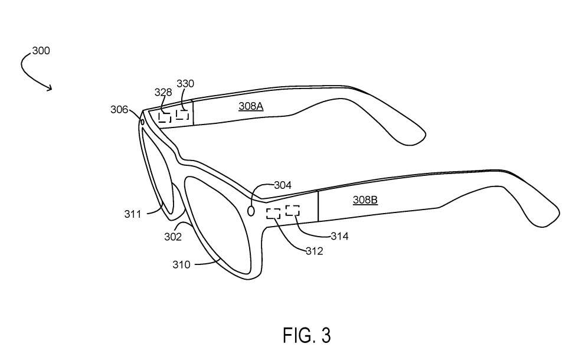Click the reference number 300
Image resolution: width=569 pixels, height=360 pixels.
(x=41, y=50)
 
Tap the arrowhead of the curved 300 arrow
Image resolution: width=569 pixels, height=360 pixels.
(x=50, y=87)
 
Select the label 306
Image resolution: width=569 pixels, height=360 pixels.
(x=119, y=109)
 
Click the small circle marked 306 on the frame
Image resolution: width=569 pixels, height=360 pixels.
(x=142, y=122)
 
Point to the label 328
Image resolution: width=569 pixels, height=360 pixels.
(x=163, y=92)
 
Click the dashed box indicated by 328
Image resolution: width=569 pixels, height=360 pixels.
(x=165, y=117)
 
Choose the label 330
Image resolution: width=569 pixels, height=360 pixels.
(x=185, y=83)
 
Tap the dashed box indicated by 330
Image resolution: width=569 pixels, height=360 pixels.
(x=182, y=114)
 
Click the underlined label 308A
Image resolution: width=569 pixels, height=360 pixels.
(x=251, y=106)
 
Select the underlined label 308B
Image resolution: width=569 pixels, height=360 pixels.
(x=365, y=199)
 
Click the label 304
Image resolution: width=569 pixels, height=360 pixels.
(x=283, y=185)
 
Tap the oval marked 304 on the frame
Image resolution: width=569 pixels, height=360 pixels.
(x=251, y=210)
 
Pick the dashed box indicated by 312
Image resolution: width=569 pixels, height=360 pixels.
(x=273, y=214)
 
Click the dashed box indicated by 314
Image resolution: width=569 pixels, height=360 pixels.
(x=293, y=211)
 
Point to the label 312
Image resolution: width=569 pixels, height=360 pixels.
(x=314, y=251)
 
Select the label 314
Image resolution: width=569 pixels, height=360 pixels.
(x=339, y=236)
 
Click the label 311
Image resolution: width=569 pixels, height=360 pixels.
(x=133, y=214)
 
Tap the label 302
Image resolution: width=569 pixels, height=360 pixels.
(x=173, y=237)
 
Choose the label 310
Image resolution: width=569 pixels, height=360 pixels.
(x=181, y=264)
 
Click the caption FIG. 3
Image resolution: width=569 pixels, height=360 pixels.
(x=307, y=335)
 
